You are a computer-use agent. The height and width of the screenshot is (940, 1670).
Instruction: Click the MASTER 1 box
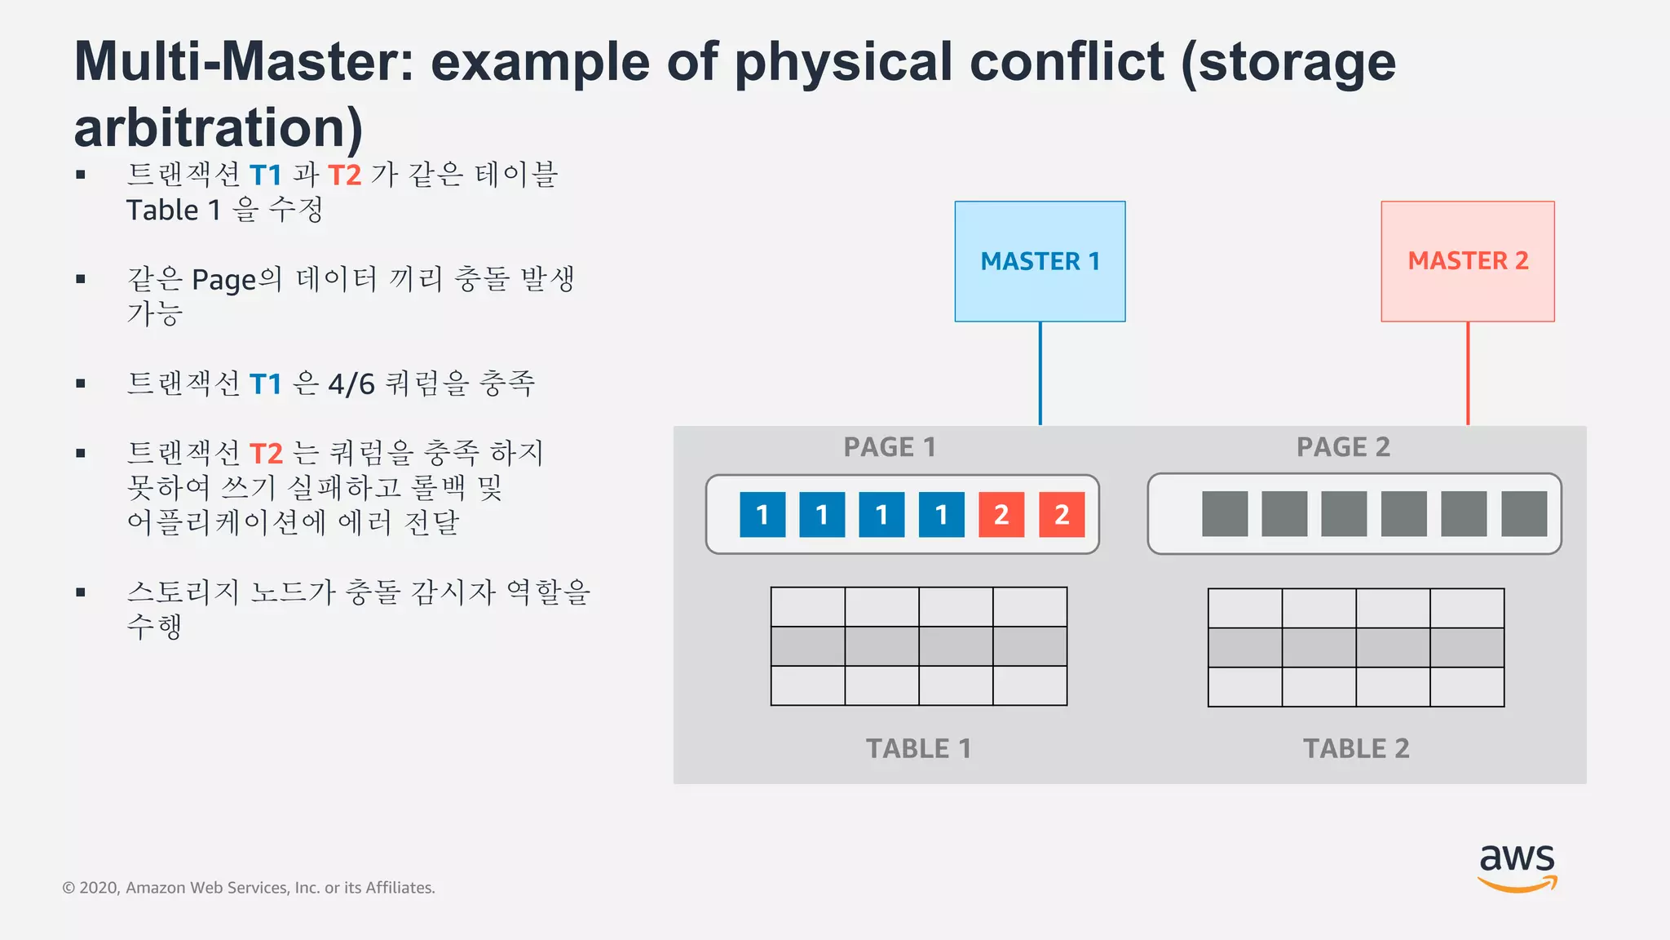(1040, 261)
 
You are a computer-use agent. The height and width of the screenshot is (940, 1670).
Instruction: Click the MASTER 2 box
(1468, 261)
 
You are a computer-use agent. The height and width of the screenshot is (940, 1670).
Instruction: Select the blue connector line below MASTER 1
(1040, 374)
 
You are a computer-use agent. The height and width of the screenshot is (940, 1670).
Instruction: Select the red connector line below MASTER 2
(1468, 374)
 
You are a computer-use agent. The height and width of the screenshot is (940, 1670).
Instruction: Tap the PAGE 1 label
(890, 447)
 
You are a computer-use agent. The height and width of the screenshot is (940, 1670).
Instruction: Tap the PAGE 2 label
(1343, 447)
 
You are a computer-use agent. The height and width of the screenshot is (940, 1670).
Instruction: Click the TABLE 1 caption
(918, 748)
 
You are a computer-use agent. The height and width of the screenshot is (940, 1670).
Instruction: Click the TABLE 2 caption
(1356, 748)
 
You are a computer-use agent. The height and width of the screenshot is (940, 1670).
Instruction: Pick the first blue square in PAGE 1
(762, 514)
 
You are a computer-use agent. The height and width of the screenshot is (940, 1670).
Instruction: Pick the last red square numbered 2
(1062, 514)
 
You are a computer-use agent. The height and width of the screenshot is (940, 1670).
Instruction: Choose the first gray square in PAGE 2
(1225, 514)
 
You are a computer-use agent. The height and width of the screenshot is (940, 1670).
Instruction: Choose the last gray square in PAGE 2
(1524, 514)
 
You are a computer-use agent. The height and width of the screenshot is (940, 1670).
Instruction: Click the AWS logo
(1517, 867)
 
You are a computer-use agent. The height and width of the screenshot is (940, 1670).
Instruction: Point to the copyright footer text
(249, 888)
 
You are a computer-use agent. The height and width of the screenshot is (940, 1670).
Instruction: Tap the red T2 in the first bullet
(344, 175)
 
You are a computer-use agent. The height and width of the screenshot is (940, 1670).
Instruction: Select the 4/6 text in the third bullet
(351, 384)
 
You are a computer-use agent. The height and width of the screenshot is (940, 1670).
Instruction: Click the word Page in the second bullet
(223, 280)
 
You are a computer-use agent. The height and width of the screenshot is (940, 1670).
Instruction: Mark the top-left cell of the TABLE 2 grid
(1245, 608)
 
